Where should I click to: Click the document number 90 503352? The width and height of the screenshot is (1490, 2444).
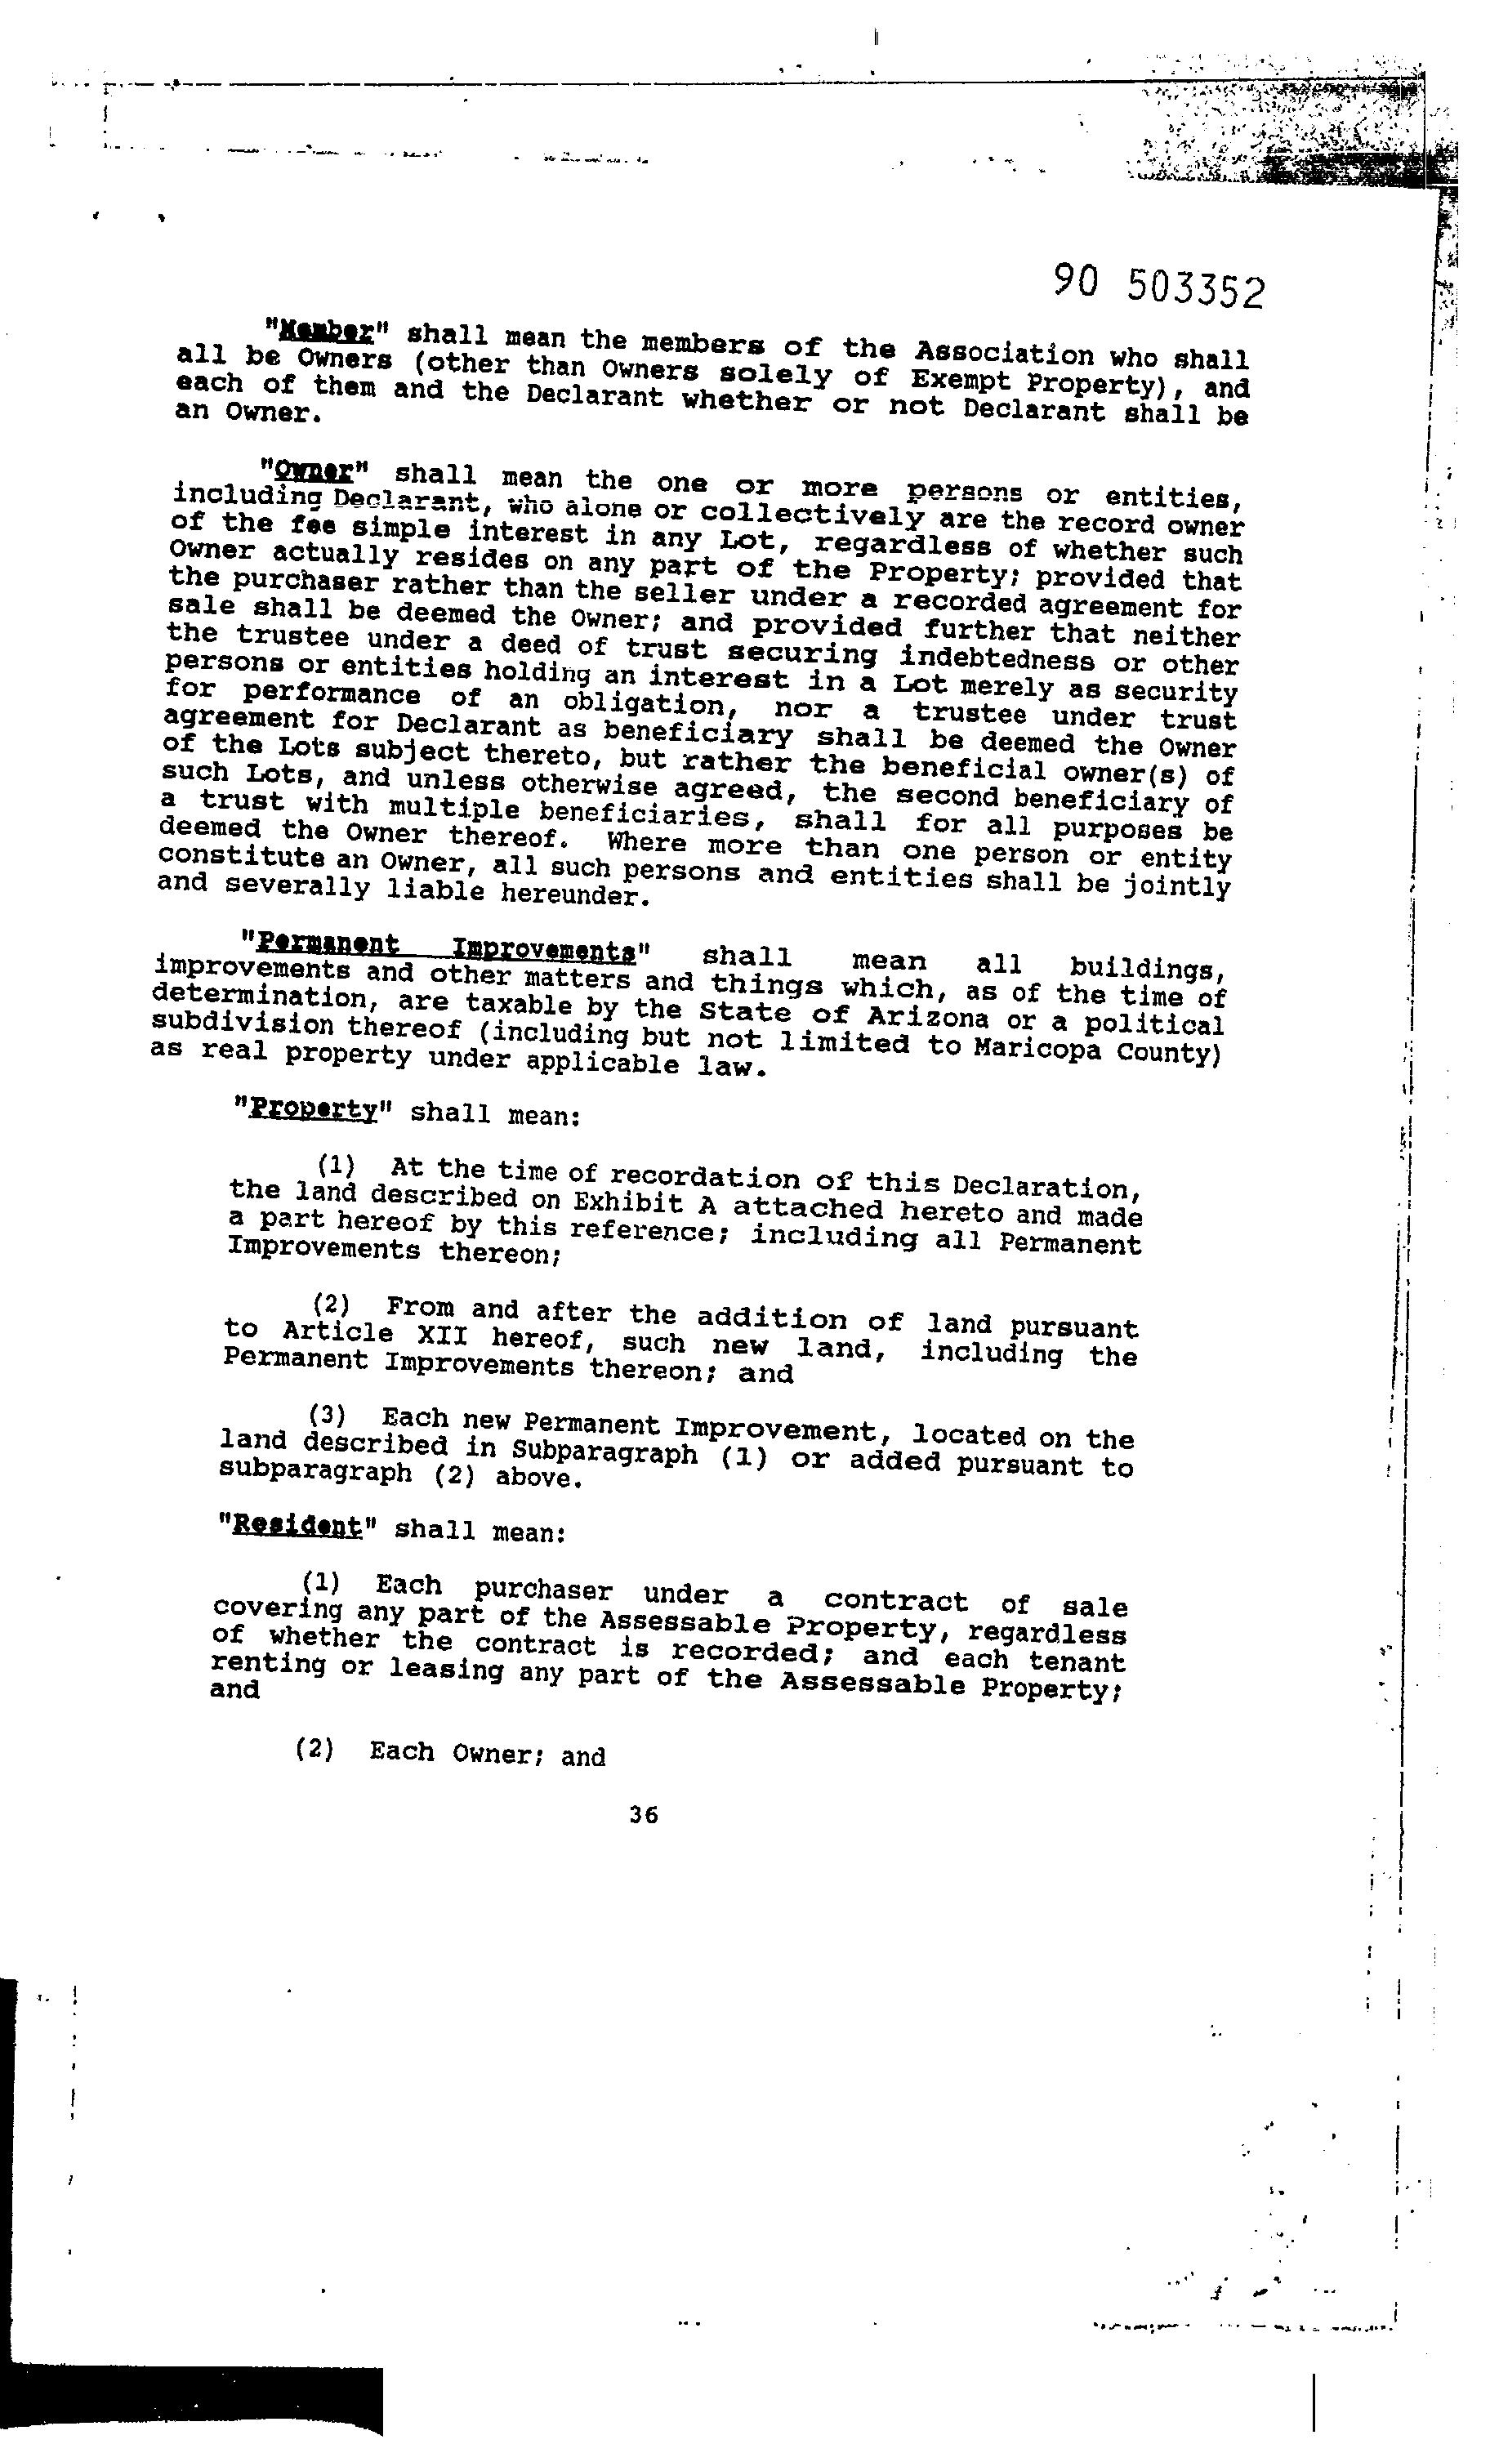(1158, 287)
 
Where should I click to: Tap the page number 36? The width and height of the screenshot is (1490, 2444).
(643, 1814)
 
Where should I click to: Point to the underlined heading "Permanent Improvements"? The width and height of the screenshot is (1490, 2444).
(445, 946)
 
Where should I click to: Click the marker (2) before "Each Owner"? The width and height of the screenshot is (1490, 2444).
(314, 1749)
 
